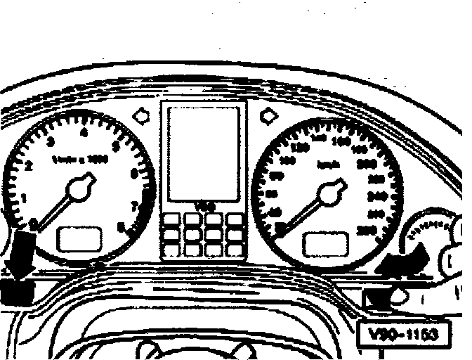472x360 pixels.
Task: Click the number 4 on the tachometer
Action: (x=84, y=131)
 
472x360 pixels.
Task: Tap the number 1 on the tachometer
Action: (x=24, y=198)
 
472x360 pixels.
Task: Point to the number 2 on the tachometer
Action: (x=29, y=167)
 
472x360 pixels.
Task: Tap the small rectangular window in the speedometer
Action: (x=326, y=243)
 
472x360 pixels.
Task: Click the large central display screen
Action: (x=203, y=152)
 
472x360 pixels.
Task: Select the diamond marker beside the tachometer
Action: (x=140, y=113)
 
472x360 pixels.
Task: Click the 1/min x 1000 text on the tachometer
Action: (x=80, y=160)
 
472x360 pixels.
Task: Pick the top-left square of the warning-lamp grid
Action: (x=171, y=220)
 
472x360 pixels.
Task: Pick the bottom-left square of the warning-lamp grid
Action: (x=171, y=250)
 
